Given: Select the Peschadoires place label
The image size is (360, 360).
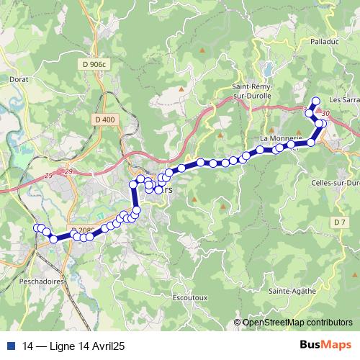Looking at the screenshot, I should pos(24,281).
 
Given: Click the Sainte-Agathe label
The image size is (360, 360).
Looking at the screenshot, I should pos(289,291).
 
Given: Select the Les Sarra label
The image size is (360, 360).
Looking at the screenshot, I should pos(343,100).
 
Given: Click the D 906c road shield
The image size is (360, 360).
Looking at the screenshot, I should pos(94,64).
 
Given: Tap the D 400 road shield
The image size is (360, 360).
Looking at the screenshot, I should pos(104,119).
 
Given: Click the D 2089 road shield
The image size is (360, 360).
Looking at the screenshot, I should pos(84,230).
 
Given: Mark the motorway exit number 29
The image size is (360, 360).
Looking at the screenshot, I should pos(69,171).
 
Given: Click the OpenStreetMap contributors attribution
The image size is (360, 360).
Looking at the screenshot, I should pos(297,323).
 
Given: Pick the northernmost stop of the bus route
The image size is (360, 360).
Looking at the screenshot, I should pos(315,101).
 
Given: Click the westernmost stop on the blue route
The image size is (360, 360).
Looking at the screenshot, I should pos(37,228).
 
